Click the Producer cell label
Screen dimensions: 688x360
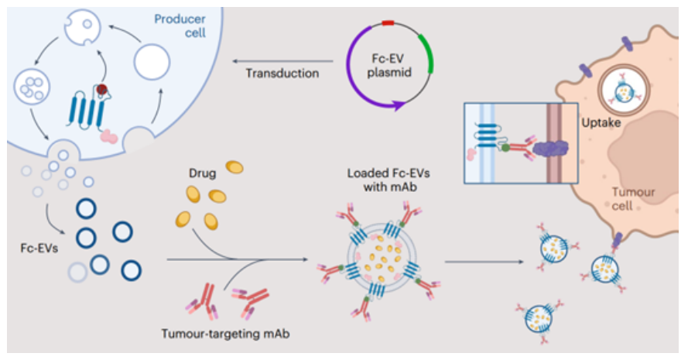(x=180, y=26)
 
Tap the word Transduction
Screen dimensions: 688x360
(x=282, y=74)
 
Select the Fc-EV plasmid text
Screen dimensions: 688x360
(x=388, y=65)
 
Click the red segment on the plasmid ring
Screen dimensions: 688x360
(x=388, y=22)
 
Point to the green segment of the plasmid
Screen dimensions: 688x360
(x=427, y=53)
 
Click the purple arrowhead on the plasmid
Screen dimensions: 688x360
(x=399, y=105)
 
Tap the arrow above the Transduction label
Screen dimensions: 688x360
(x=282, y=61)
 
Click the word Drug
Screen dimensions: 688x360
(x=202, y=173)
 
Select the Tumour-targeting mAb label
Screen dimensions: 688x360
(x=225, y=334)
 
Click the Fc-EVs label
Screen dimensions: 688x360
(x=39, y=248)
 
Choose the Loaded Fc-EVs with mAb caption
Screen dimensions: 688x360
(x=388, y=180)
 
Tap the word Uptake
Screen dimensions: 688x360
(x=601, y=122)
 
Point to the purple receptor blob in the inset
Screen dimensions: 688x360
(x=551, y=149)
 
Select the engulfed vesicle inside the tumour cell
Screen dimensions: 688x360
(x=624, y=91)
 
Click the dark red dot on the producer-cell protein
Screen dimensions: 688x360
(x=102, y=90)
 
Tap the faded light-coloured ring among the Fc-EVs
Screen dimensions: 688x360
(x=77, y=273)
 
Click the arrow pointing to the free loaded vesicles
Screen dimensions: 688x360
(x=484, y=262)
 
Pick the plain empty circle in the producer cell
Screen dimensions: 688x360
(x=152, y=62)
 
